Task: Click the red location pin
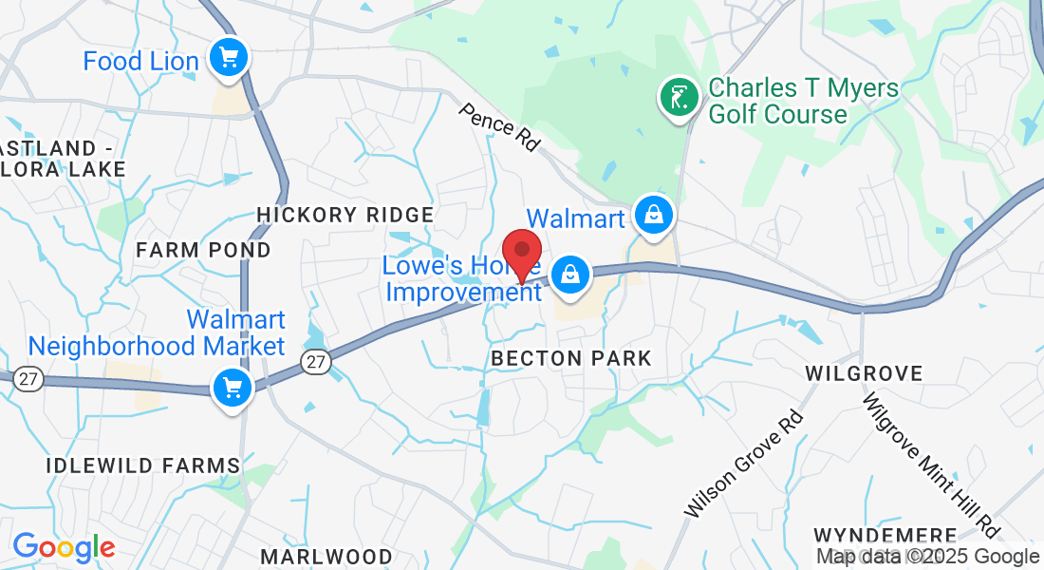point(521,250)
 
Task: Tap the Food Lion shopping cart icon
point(228,58)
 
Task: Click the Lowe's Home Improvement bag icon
point(570,275)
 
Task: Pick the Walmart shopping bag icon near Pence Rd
point(654,215)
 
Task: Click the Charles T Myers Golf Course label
point(778,101)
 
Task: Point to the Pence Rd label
point(499,126)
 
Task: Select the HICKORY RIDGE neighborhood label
point(345,215)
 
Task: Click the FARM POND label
point(203,250)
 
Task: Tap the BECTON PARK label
point(571,358)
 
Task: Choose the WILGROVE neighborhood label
point(864,373)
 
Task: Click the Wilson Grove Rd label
point(743,464)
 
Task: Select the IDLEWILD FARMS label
point(143,465)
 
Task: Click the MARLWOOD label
point(326,556)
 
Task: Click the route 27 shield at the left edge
point(28,379)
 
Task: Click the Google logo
point(64,547)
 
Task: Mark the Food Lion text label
point(141,62)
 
